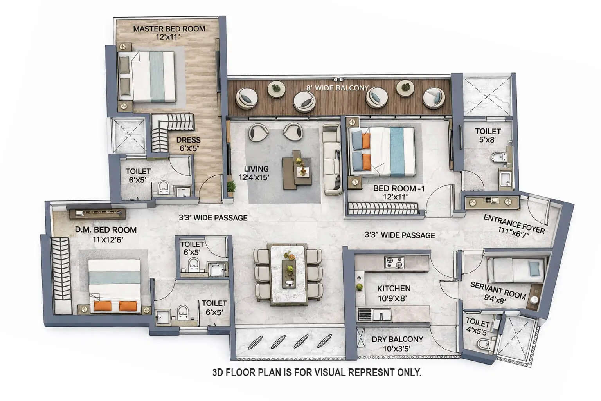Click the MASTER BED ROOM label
pos(169,29)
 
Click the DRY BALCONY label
pos(397,339)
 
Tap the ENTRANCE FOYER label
pos(514,224)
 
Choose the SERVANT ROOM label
pos(498,290)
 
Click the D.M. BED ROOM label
pos(106,230)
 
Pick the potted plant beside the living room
pos(231,188)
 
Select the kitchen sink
pos(380,314)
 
